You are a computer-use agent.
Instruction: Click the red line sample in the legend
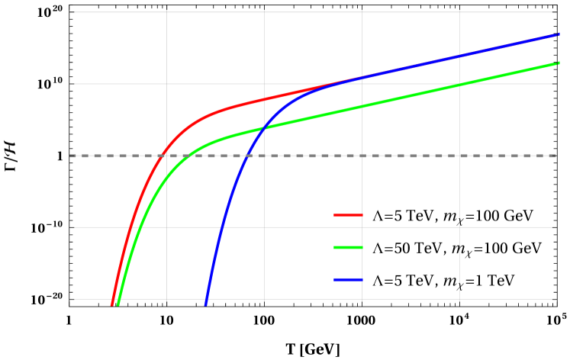[x=348, y=215]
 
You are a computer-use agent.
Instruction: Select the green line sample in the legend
[x=348, y=247]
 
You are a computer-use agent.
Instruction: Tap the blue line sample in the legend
[x=348, y=279]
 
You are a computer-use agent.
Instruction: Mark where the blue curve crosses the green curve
[x=263, y=127]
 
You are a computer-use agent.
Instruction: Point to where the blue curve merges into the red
[x=336, y=83]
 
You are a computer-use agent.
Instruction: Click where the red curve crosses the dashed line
[x=159, y=156]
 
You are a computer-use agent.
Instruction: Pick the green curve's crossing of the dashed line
[x=187, y=156]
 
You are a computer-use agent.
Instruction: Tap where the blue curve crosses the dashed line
[x=247, y=156]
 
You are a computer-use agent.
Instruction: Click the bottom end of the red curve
[x=112, y=305]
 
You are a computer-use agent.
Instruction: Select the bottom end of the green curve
[x=118, y=305]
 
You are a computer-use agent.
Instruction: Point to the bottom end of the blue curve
[x=205, y=305]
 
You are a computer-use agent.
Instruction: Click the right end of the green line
[x=559, y=63]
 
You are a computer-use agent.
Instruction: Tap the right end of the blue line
[x=559, y=34]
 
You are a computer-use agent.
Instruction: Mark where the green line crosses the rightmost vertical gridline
[x=459, y=84]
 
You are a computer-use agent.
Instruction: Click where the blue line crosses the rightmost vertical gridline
[x=459, y=56]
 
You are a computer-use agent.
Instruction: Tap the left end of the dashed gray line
[x=70, y=156]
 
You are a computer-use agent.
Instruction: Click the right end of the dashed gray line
[x=556, y=156]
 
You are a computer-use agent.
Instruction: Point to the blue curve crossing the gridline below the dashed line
[x=221, y=227]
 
